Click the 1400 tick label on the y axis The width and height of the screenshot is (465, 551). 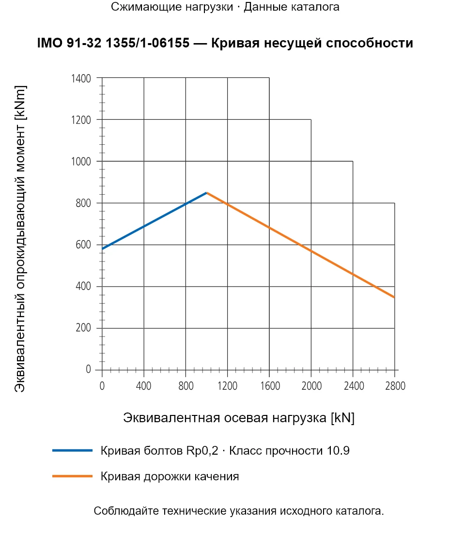point(81,78)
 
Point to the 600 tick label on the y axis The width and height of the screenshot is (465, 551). point(83,245)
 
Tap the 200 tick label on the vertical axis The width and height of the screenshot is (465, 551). point(83,328)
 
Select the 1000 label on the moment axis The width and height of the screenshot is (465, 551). point(81,162)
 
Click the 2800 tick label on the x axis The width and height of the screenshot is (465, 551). point(395,386)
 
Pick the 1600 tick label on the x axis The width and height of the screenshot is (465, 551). point(270,386)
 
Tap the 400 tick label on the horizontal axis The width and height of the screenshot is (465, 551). point(144,386)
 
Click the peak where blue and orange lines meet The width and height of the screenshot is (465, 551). point(207,193)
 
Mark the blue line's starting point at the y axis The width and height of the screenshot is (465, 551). point(102,249)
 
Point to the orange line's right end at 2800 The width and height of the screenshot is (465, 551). point(394,297)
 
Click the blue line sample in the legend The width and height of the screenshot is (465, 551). point(72,450)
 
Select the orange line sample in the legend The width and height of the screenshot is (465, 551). point(72,476)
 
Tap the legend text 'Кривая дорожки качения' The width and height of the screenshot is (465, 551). point(170,476)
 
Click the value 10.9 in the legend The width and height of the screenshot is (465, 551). point(338,450)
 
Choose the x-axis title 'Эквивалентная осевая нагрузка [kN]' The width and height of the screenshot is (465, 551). point(239,418)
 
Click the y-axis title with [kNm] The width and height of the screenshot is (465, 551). point(20,239)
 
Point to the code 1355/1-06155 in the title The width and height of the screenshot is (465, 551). point(148,43)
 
